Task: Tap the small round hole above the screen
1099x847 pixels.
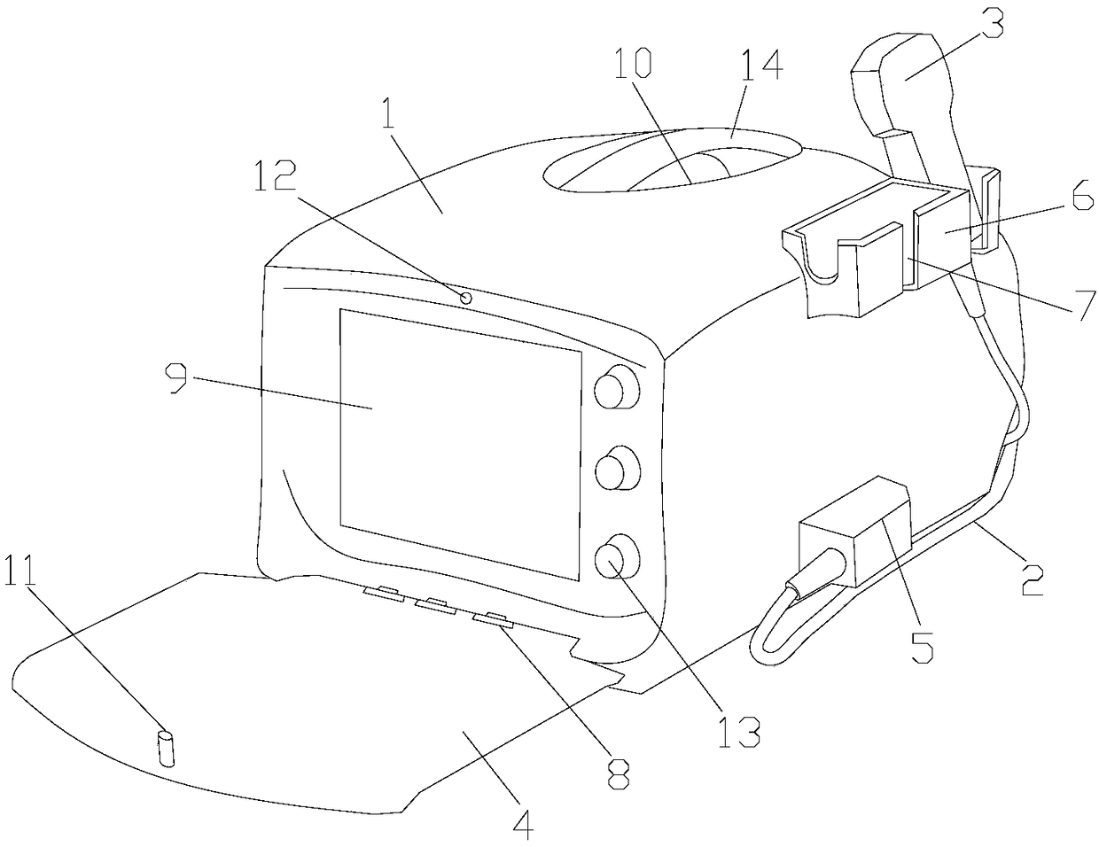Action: coord(465,298)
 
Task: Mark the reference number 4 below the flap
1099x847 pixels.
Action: coord(524,826)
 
